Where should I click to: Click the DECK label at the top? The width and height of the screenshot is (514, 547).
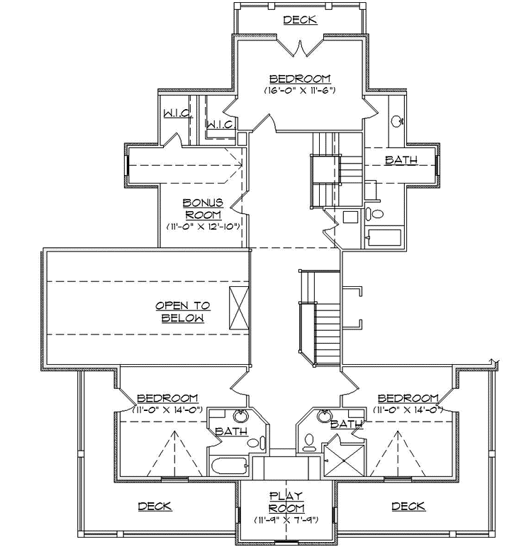tap(300, 20)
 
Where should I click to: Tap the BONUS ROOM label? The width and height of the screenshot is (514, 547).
tap(203, 208)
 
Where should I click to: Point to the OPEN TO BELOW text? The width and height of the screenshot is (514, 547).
tap(183, 312)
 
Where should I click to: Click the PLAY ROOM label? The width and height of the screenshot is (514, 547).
tap(286, 502)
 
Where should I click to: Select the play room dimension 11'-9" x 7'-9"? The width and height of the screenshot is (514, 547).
tap(286, 520)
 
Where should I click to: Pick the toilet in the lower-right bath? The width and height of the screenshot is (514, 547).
tap(308, 442)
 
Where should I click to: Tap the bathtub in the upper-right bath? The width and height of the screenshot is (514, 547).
tap(384, 237)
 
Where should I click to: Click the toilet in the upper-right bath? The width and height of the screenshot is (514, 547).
tap(376, 213)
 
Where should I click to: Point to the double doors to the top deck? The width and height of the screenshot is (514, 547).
tap(300, 48)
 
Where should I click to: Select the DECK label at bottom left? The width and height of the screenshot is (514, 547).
tap(155, 506)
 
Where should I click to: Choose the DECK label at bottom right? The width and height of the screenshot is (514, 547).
tap(408, 506)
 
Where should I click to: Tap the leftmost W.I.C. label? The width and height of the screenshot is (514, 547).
tap(175, 113)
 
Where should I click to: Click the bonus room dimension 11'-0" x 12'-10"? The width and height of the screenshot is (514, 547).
tap(204, 227)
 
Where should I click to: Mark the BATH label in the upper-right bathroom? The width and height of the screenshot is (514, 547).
tap(401, 160)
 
